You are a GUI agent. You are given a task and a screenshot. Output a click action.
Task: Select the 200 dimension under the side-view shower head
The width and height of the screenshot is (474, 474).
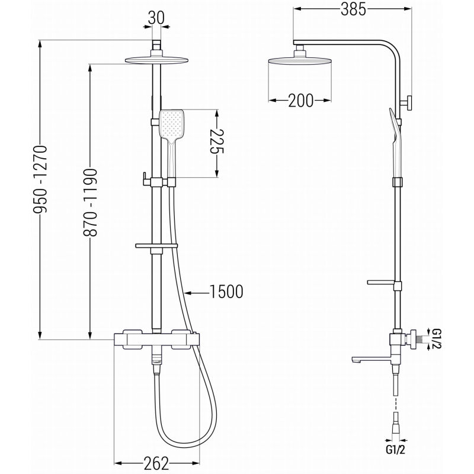[301, 100]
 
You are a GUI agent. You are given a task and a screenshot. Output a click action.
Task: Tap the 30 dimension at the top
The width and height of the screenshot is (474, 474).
[156, 18]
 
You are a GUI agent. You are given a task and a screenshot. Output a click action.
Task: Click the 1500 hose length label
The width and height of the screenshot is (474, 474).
[226, 292]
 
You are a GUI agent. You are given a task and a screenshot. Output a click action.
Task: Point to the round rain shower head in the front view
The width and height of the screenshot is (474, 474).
[156, 59]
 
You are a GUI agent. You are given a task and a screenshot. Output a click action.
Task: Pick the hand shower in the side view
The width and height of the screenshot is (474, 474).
[395, 133]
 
